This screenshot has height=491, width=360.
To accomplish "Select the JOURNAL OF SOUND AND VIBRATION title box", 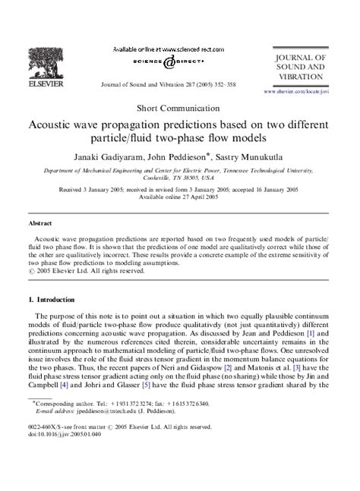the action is pos(303,68).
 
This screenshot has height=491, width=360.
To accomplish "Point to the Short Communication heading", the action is pos(180,109).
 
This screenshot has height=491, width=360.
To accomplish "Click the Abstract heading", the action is pos(39,225).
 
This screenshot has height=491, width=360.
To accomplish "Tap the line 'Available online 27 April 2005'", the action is pos(180,196).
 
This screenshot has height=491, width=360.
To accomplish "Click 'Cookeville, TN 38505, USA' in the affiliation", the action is pos(180,178).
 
